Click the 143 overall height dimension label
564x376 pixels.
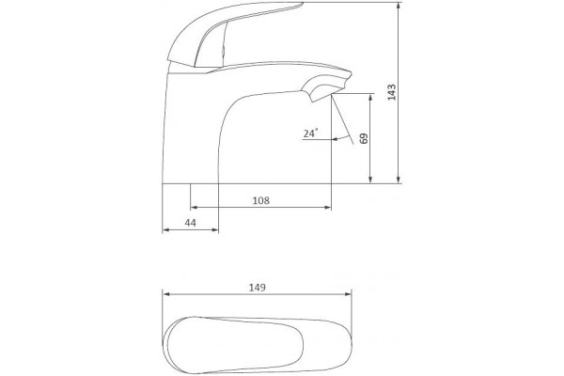pos(392,92)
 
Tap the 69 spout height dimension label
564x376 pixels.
pos(364,138)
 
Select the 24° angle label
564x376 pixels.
pos(310,133)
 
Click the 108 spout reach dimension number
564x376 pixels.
pos(261,200)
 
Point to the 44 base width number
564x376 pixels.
pos(190,223)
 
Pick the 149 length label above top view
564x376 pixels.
pos(258,288)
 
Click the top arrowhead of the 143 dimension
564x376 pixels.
pos(399,5)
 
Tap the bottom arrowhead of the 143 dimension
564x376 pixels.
pos(399,180)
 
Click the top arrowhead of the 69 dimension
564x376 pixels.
pos(371,97)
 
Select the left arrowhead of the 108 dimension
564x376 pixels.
pos(194,208)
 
